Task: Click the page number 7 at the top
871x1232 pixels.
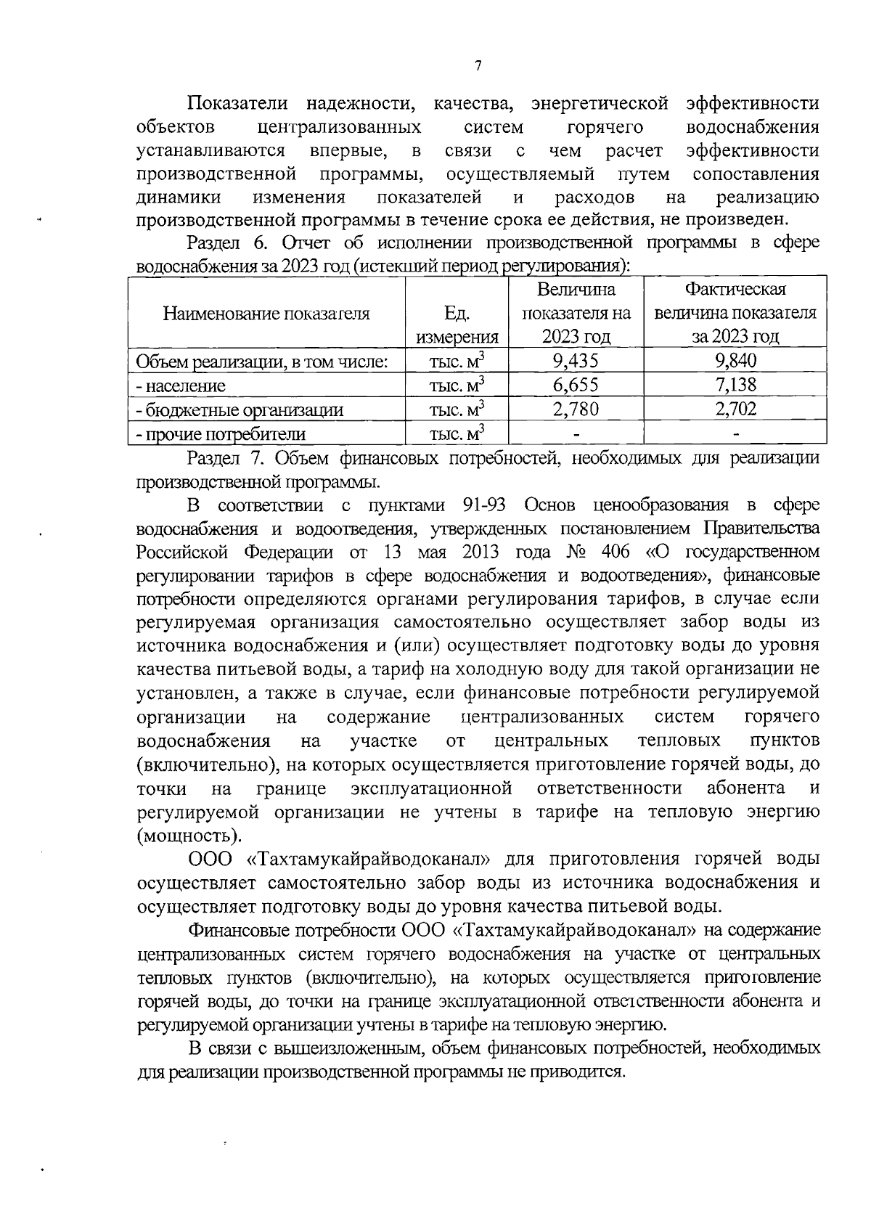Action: pos(478,67)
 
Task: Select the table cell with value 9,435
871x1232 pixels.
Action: pos(576,361)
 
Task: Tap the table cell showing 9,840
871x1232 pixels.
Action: pos(735,361)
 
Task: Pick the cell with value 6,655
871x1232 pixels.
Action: pos(576,385)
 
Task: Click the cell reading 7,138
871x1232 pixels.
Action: pos(735,385)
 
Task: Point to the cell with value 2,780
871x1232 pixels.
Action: pos(576,409)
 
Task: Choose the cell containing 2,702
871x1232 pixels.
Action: pos(735,409)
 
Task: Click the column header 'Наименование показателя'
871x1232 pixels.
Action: pos(266,314)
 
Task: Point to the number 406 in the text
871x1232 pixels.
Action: pos(616,552)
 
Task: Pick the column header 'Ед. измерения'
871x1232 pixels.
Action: pos(457,325)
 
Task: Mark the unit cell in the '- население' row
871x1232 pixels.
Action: pos(457,385)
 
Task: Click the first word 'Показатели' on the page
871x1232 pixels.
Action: pos(237,104)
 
